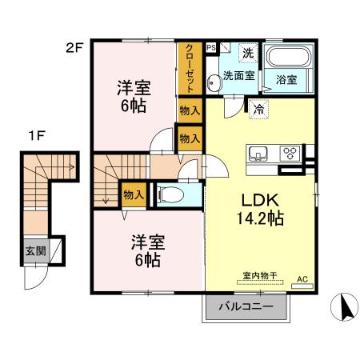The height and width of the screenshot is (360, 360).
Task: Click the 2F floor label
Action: [74, 47]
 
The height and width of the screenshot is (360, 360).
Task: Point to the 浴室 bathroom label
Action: [286, 80]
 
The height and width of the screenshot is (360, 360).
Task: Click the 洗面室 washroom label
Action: [238, 77]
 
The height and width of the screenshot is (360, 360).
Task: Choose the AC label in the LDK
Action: [302, 278]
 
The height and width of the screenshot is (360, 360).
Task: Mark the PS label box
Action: [210, 48]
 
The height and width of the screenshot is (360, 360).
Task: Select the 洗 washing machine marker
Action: [248, 53]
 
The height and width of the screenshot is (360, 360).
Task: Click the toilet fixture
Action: [171, 194]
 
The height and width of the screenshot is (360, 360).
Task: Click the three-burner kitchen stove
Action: [289, 153]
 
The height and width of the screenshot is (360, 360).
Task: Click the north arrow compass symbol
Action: [342, 308]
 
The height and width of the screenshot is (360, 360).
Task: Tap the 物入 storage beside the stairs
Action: [133, 194]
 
